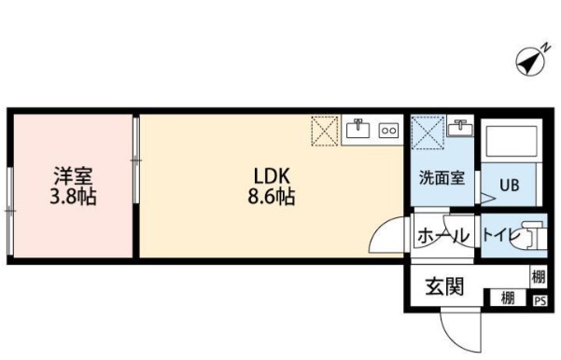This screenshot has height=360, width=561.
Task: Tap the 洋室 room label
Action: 71,173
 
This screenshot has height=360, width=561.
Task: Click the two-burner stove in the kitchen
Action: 388,132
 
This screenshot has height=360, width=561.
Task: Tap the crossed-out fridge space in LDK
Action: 325,132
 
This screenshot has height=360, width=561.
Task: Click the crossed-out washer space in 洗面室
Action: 427,131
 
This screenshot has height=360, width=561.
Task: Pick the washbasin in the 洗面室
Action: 459,128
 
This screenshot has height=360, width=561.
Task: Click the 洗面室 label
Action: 440,178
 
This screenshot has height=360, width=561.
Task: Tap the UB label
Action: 510,184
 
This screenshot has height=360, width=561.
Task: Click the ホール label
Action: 442,235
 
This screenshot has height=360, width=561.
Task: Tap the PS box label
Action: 539,300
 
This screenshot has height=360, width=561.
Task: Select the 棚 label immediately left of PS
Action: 507,299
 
